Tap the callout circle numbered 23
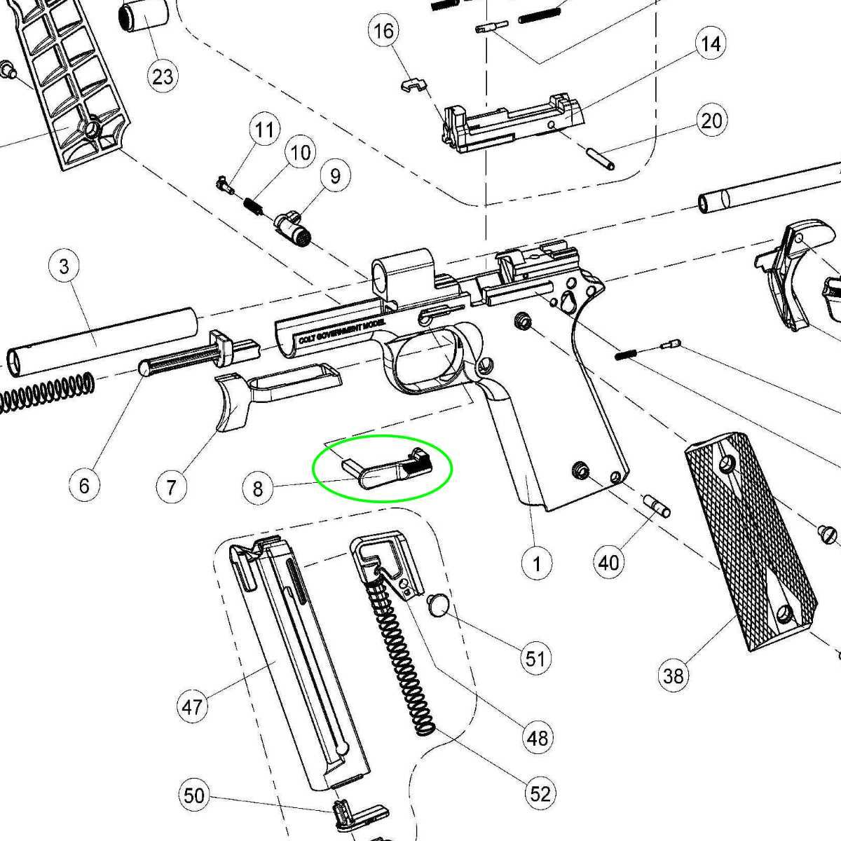coord(163,76)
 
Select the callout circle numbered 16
coord(385,32)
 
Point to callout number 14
coord(710,44)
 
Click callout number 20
coord(711,121)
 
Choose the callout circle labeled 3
coord(64,266)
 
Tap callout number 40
coord(608,561)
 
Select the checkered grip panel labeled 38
coord(750,540)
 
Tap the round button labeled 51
coord(437,603)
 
